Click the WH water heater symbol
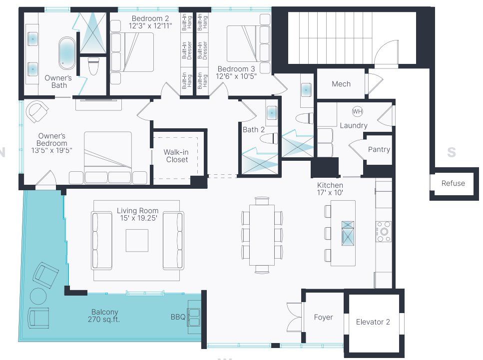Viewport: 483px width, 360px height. (x=357, y=111)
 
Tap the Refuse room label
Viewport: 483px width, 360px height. (x=453, y=183)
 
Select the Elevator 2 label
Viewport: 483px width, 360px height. (x=373, y=322)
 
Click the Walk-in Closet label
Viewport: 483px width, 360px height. (x=177, y=156)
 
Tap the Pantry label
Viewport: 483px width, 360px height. (x=379, y=149)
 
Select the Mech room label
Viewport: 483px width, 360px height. (x=341, y=84)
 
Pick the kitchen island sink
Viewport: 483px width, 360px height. (x=347, y=233)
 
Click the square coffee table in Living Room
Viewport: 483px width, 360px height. (x=137, y=240)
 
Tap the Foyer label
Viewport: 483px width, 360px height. (x=323, y=317)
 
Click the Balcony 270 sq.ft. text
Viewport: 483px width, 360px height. (x=105, y=316)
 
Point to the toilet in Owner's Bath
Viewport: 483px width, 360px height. (x=93, y=66)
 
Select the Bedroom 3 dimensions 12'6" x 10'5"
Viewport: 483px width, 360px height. (x=237, y=76)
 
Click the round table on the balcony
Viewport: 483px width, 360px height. (x=39, y=297)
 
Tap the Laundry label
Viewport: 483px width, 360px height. (x=354, y=126)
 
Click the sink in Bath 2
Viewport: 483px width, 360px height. (x=272, y=112)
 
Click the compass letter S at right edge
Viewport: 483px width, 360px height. (x=452, y=152)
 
